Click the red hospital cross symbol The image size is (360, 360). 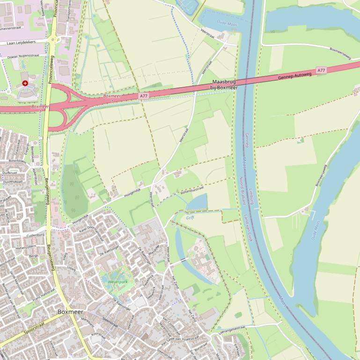point(25,83)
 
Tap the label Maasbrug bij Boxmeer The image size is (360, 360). point(224,85)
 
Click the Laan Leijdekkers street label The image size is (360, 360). point(21,43)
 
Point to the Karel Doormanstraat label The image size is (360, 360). point(94,226)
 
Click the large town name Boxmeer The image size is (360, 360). point(71,311)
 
